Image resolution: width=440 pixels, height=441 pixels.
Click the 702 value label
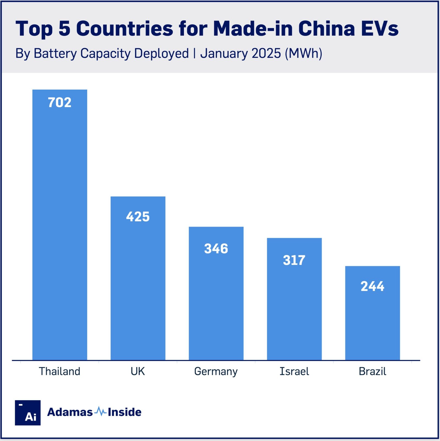60,103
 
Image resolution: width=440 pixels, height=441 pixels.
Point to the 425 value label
138,217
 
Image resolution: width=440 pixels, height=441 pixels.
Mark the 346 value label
216,249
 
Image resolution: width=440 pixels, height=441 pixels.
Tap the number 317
294,260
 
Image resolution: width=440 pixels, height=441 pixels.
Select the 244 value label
372,286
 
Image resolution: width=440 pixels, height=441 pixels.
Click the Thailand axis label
60,371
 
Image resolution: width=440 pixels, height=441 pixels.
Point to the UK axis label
138,371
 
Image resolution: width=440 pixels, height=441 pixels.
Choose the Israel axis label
294,371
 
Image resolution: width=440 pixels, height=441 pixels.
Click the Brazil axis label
372,371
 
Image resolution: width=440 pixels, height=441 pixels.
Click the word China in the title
326,28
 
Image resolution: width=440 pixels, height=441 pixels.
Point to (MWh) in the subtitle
303,53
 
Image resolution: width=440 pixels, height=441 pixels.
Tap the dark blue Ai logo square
28,413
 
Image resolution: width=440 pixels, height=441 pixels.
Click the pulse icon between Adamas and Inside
100,412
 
